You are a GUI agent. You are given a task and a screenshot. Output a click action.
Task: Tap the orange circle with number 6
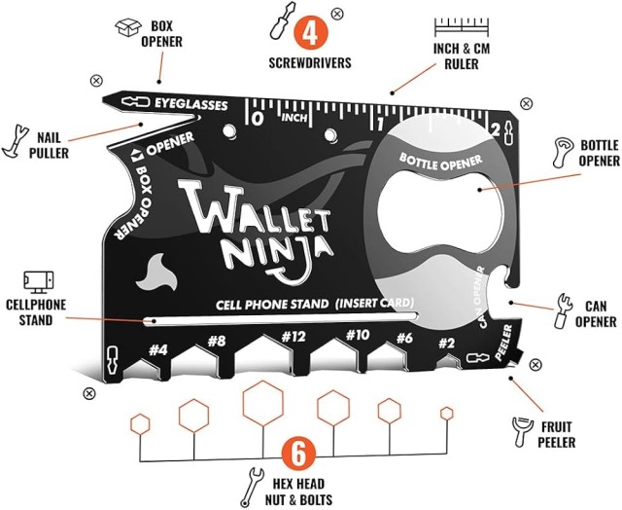click(x=299, y=453)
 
